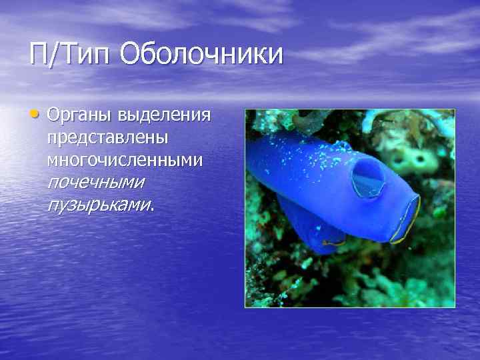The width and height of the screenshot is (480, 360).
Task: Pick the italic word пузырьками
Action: (97, 204)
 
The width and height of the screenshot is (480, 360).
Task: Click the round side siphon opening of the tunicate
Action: (367, 179)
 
